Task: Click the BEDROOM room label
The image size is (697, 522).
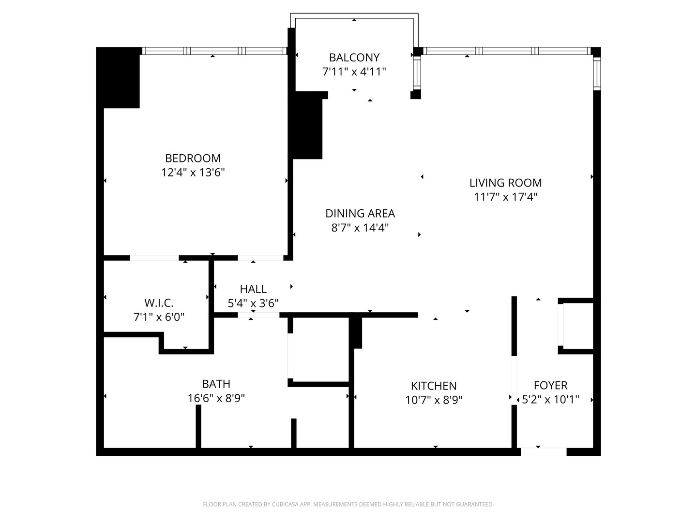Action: point(193,158)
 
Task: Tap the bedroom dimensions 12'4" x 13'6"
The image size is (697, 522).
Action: point(193,173)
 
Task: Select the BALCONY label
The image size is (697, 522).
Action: point(354,58)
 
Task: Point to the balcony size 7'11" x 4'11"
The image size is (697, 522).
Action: point(354,72)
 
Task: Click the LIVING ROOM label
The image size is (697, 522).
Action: point(505,183)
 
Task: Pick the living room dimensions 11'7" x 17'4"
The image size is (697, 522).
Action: point(505,197)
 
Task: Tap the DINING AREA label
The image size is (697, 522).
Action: point(360,213)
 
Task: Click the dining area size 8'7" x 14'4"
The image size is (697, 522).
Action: point(360,228)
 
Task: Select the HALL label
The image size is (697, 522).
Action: point(253,289)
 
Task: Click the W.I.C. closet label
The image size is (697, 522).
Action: point(159,303)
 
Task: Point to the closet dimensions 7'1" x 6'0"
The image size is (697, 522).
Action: point(159,317)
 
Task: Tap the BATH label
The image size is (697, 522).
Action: point(216,384)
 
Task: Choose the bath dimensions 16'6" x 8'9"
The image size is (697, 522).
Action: point(216,398)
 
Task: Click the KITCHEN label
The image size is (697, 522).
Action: point(434,386)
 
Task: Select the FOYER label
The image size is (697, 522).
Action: point(550,385)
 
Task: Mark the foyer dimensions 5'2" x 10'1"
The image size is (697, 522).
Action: point(550,400)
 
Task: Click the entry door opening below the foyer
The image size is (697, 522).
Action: point(543,452)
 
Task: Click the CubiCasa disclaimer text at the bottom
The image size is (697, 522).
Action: point(348,504)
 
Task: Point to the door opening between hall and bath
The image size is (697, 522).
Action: point(258,315)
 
